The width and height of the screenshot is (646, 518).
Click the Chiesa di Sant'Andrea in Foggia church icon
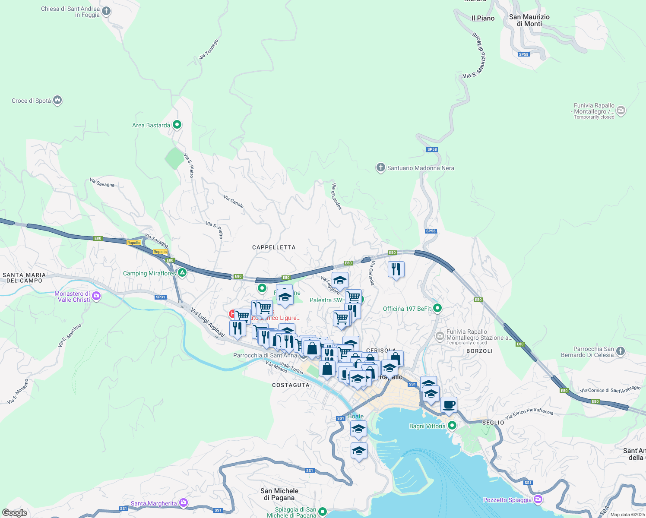coord(106,12)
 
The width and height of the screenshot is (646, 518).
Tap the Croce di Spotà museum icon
coord(57,101)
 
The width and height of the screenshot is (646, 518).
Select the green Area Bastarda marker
coord(177,125)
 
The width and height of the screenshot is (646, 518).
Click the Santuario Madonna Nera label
coord(421,168)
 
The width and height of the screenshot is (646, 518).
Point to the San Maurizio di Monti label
coord(529,20)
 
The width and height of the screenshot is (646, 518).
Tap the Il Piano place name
coord(483,18)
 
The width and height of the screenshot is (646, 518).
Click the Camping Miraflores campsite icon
coord(183,273)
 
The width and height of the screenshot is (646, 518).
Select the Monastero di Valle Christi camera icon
coord(96,296)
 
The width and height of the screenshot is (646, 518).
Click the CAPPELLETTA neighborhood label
coord(274,247)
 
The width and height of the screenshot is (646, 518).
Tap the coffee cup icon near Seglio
coord(449,405)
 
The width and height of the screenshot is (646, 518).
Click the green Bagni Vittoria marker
coord(452,426)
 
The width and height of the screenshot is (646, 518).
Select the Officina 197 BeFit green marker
coord(437,308)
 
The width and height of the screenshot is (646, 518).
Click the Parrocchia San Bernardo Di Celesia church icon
coord(621,351)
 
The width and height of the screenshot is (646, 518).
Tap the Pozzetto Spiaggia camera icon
coord(538,499)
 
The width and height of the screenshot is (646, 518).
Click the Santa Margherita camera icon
coord(184,503)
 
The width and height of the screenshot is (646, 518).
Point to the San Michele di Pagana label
coord(279,494)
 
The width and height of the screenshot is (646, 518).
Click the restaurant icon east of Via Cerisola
coord(396,269)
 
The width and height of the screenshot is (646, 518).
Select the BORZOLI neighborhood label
coord(479,351)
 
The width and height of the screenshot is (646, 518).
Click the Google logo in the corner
coord(14,513)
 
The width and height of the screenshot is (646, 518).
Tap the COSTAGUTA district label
coord(291,385)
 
